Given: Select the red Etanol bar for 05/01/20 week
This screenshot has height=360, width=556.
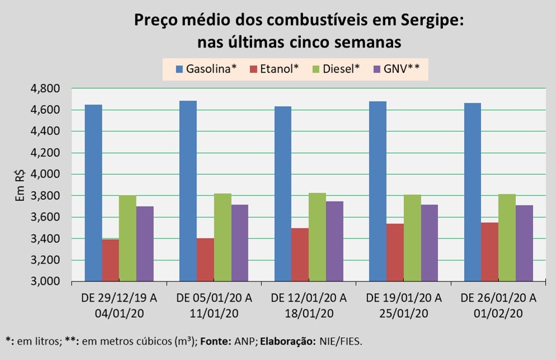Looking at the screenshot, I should [x=205, y=260].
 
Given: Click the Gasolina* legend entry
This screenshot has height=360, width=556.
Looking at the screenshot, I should [x=206, y=69].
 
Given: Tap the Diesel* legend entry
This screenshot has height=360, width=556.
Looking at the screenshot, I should [x=338, y=69].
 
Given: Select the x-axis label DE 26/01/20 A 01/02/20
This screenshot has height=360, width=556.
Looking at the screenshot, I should [x=498, y=305].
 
